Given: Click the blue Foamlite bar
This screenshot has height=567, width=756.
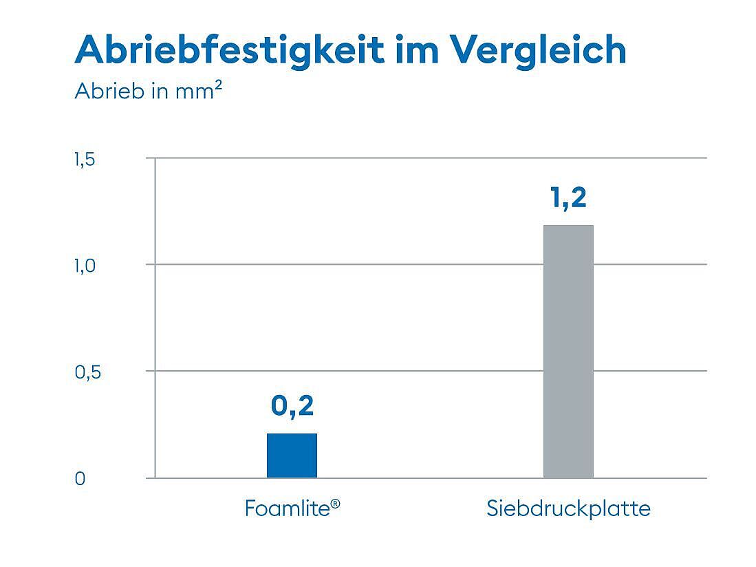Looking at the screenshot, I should pyautogui.click(x=292, y=456).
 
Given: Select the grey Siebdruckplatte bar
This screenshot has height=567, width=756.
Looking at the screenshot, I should pyautogui.click(x=568, y=351).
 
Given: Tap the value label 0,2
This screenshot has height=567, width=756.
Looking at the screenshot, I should pyautogui.click(x=292, y=406).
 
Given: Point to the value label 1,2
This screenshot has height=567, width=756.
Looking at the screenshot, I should pyautogui.click(x=568, y=198).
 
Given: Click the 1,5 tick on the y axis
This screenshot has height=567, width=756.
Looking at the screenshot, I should pyautogui.click(x=84, y=160).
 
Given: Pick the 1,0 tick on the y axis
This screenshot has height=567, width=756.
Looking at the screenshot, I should pyautogui.click(x=84, y=266).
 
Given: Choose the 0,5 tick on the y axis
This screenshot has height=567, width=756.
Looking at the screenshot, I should pyautogui.click(x=84, y=372).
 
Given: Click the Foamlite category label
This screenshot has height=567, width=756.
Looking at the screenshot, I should pyautogui.click(x=288, y=509).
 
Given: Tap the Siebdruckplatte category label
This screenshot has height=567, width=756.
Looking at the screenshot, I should pyautogui.click(x=568, y=509).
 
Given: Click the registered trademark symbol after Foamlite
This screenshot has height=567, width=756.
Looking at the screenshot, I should pyautogui.click(x=336, y=504).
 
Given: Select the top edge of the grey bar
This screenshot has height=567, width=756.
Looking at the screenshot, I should pyautogui.click(x=568, y=226).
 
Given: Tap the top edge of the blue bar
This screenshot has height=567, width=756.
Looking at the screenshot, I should pyautogui.click(x=292, y=434).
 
